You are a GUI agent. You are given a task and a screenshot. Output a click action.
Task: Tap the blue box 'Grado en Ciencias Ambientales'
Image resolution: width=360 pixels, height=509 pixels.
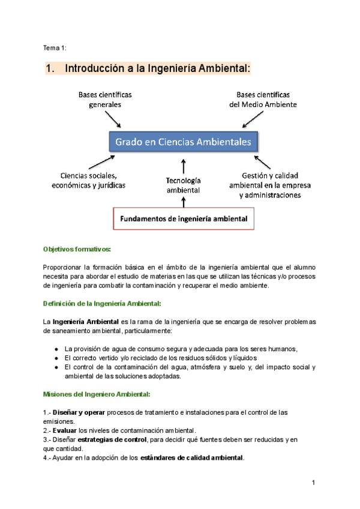(x=184, y=142)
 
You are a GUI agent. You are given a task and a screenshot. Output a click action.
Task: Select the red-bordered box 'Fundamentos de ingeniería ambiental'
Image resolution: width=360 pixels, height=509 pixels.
(x=181, y=218)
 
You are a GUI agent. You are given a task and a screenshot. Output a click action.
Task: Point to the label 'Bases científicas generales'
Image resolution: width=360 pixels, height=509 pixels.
(x=106, y=100)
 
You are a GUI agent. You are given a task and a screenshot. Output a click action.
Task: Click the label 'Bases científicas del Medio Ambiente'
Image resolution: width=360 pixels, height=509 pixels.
(x=263, y=100)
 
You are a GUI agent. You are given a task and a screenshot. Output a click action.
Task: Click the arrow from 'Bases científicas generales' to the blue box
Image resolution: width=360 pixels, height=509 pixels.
(x=115, y=119)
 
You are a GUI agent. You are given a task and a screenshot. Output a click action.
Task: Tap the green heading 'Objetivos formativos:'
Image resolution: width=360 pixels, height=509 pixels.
(x=77, y=248)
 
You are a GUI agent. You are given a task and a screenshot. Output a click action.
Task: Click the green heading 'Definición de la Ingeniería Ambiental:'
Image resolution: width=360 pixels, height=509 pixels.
(x=103, y=303)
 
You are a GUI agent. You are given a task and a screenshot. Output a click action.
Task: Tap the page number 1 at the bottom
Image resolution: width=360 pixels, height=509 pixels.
(x=314, y=483)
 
